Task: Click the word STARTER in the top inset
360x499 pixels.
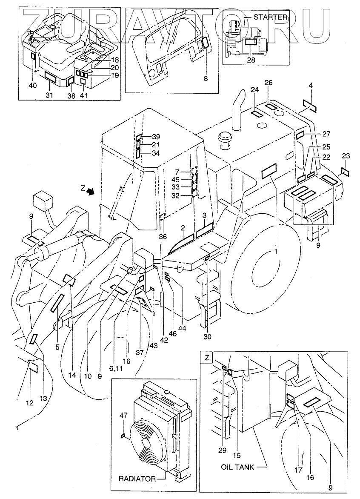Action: click(271, 17)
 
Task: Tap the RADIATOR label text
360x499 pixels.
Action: click(137, 479)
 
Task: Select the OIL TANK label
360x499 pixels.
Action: click(237, 467)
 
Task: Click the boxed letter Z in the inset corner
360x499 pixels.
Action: click(207, 358)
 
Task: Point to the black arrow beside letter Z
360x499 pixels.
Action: click(90, 192)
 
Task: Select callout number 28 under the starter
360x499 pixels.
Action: click(251, 60)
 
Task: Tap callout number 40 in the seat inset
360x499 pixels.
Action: click(33, 85)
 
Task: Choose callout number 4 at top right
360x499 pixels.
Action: click(311, 86)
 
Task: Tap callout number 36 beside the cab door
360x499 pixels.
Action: click(162, 237)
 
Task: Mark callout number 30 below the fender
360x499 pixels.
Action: click(207, 337)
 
